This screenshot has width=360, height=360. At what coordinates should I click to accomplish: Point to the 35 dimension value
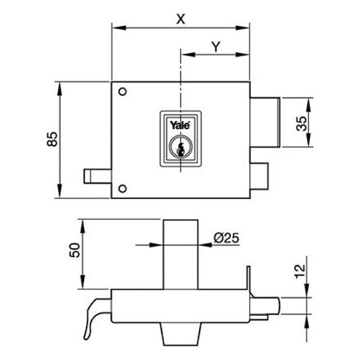tap(301, 123)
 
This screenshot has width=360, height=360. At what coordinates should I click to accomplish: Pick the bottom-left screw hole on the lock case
tap(123, 190)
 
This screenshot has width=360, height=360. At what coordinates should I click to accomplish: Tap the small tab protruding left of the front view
tap(97, 177)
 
